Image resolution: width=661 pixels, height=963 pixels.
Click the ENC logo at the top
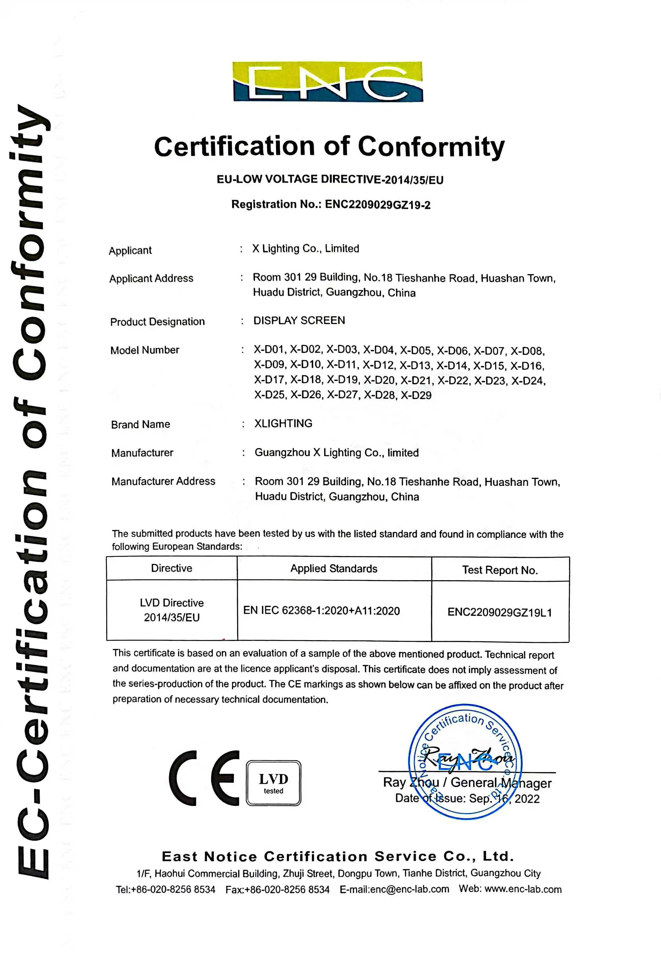[328, 81]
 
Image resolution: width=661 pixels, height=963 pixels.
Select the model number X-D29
[416, 395]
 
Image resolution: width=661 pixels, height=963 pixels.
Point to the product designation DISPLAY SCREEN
[299, 320]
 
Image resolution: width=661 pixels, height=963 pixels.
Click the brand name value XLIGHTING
[283, 424]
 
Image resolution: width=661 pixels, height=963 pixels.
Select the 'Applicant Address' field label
[151, 279]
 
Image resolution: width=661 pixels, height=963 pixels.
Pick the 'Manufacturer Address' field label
[163, 481]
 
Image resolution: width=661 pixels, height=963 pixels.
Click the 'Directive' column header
[172, 568]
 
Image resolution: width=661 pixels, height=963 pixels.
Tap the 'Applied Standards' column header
[334, 569]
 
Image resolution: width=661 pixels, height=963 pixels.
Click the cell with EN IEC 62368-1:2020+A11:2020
[321, 611]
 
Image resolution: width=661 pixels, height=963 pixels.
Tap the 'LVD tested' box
[273, 783]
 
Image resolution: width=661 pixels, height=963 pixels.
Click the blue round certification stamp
[465, 762]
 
